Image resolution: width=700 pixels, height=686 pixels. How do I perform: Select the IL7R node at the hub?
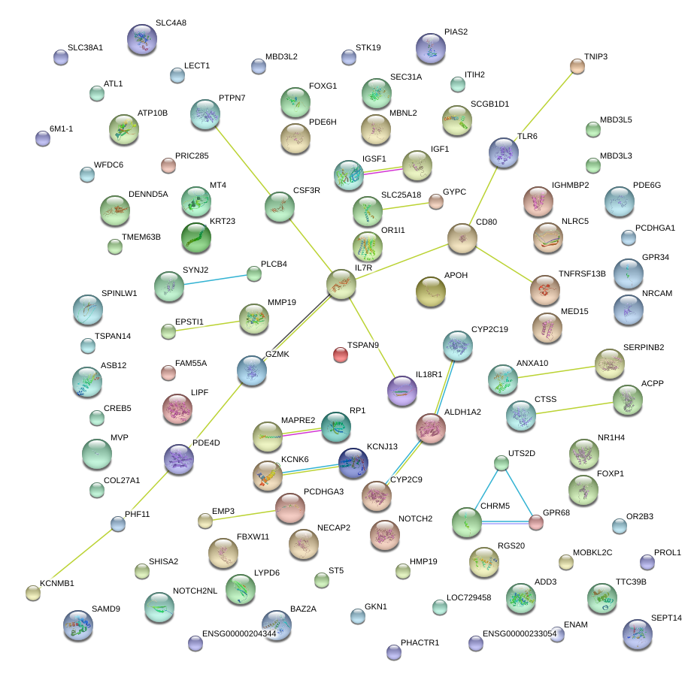coord(341,285)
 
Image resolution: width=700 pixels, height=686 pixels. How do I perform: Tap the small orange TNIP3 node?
coord(577,66)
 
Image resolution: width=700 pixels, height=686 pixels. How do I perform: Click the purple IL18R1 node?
coord(402,391)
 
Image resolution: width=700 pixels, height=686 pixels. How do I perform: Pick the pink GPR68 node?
coord(535,521)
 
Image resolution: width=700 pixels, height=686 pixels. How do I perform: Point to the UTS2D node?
coord(502,463)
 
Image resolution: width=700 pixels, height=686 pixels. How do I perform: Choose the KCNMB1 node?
coord(32,593)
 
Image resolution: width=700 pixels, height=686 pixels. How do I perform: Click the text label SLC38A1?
coord(85,47)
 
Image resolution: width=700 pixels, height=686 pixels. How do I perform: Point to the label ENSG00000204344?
coord(239,634)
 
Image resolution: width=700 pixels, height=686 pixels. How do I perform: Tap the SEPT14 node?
coord(638,634)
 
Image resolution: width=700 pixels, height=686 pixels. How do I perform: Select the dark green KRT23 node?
coord(196,238)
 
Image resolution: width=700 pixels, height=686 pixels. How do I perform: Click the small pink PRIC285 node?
coord(168,165)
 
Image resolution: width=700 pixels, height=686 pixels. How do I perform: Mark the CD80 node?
coord(462,238)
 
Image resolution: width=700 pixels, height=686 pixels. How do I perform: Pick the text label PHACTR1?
coord(420,642)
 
